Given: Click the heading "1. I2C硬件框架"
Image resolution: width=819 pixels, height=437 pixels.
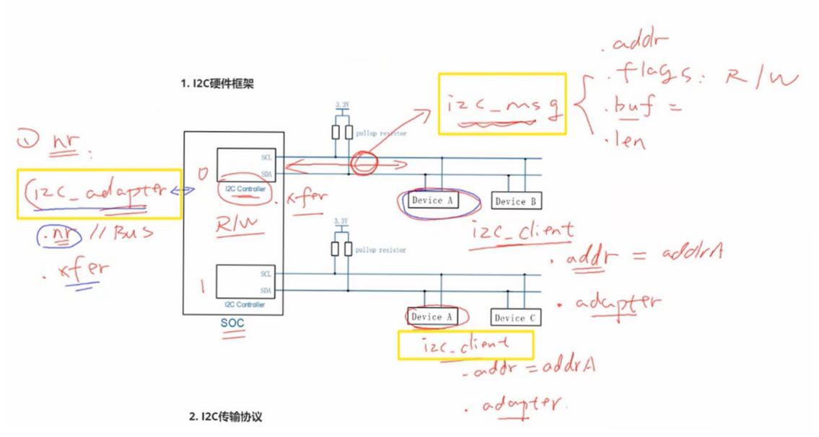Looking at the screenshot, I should click(x=217, y=84).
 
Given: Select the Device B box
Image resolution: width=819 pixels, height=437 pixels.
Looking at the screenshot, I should click(x=517, y=201).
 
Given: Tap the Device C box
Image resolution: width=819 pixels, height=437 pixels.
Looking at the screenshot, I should click(x=514, y=317).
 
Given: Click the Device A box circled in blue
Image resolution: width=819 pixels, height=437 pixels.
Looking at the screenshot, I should click(x=432, y=200).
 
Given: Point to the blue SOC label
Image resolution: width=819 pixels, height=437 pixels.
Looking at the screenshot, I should click(x=232, y=324).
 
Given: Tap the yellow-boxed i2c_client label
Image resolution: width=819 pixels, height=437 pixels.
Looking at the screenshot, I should click(x=465, y=346).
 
